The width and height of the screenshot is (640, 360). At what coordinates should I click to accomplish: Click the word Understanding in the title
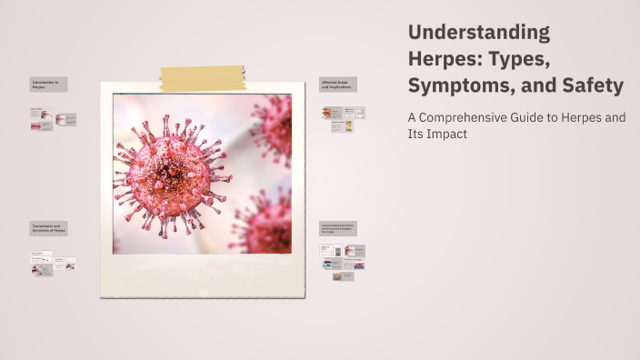click(x=479, y=33)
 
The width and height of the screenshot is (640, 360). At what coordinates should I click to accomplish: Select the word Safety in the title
click(x=593, y=86)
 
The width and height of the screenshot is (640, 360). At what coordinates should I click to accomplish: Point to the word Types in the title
click(x=545, y=59)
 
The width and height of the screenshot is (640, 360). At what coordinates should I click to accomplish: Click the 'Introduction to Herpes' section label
click(x=48, y=85)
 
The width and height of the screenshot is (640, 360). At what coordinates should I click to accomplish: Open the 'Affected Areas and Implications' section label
click(x=337, y=85)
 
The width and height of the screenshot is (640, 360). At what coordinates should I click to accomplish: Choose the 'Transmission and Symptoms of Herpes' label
click(x=48, y=228)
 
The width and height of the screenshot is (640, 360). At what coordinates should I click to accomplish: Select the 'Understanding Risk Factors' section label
click(x=337, y=228)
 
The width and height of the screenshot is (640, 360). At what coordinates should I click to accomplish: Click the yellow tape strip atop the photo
click(x=203, y=79)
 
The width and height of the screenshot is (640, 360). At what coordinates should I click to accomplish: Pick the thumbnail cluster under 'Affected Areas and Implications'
click(x=343, y=119)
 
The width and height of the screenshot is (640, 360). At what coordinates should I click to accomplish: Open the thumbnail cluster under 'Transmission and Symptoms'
click(x=53, y=263)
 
